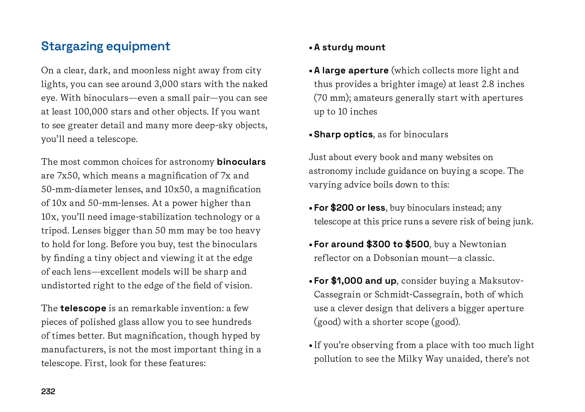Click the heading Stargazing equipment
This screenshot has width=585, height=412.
pyautogui.click(x=105, y=46)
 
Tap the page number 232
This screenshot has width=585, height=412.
pyautogui.click(x=48, y=391)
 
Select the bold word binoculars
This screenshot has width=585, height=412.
pyautogui.click(x=241, y=162)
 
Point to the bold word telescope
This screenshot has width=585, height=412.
pyautogui.click(x=83, y=308)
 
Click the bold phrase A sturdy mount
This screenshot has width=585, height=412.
pyautogui.click(x=349, y=47)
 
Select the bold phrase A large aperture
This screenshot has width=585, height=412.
pyautogui.click(x=351, y=70)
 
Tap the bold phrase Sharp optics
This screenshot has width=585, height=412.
pyautogui.click(x=343, y=134)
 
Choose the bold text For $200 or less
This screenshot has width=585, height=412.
pyautogui.click(x=349, y=208)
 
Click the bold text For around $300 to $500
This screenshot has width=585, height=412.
pyautogui.click(x=371, y=244)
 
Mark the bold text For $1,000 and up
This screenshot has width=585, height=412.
pyautogui.click(x=355, y=281)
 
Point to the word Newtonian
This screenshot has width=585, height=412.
pyautogui.click(x=483, y=244)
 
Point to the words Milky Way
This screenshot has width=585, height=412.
pyautogui.click(x=421, y=359)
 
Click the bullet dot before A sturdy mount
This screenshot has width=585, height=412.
pyautogui.click(x=310, y=48)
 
